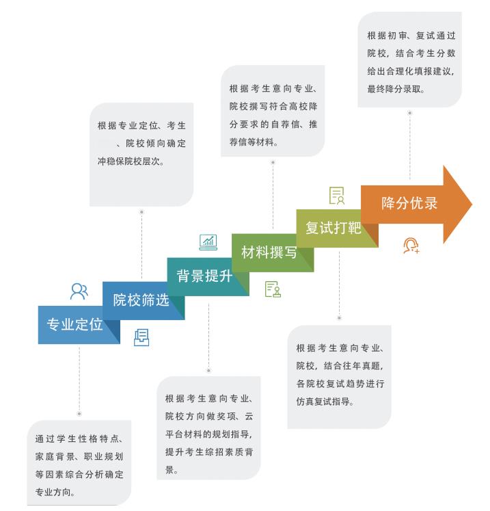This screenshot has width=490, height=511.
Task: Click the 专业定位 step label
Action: (74, 324)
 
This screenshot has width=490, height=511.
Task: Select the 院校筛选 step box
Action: (141, 300)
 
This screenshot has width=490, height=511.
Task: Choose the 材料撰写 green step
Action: (269, 252)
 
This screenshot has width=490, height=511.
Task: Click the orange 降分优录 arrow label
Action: (409, 203)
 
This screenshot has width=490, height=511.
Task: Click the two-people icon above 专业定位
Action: (79, 291)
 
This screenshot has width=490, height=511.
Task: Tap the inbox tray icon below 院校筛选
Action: (141, 337)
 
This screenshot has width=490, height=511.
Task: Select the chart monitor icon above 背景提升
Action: (208, 241)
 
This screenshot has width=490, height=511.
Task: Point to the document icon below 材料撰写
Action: (273, 289)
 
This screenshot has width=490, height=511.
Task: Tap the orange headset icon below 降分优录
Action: (411, 245)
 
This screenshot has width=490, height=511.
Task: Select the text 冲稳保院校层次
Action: (131, 162)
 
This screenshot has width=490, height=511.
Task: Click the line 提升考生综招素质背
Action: (208, 452)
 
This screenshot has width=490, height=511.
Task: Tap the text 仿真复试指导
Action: (325, 400)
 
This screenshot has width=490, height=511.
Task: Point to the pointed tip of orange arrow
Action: (471, 204)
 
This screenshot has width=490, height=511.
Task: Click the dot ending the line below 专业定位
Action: (79, 413)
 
